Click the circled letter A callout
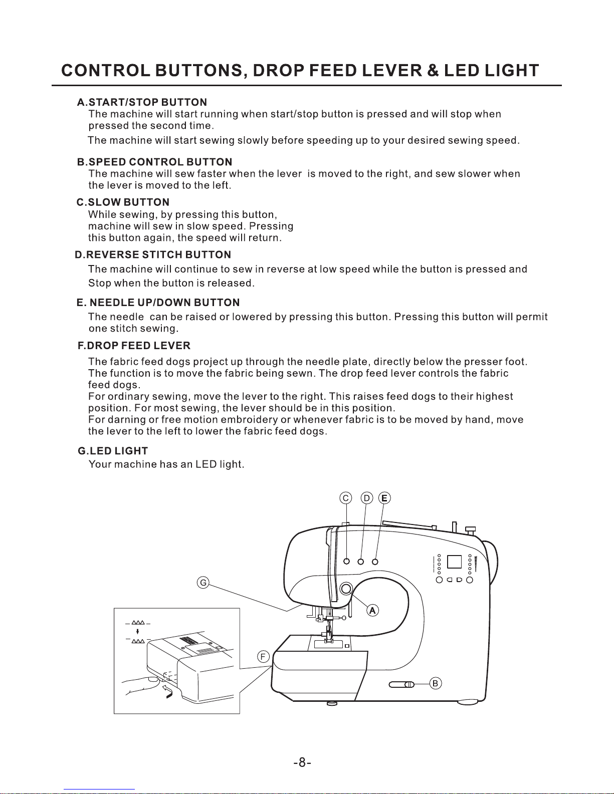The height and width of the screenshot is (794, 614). click(372, 610)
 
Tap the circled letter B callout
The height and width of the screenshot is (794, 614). click(436, 683)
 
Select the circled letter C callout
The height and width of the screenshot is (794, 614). click(346, 498)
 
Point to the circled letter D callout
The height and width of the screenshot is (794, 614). click(367, 498)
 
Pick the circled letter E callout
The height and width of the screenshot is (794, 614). click(384, 498)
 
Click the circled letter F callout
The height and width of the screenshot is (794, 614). click(264, 657)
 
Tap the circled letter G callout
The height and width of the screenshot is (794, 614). click(203, 583)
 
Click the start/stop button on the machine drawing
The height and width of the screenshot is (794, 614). click(346, 589)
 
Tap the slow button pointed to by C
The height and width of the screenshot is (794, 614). click(346, 561)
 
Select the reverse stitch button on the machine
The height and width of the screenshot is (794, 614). click(360, 561)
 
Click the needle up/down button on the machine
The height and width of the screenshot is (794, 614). click(375, 561)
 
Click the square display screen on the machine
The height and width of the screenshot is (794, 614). click(454, 562)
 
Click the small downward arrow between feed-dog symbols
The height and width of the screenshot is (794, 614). click(137, 632)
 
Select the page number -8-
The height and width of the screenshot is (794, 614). click(303, 763)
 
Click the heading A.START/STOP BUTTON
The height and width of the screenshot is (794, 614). click(142, 103)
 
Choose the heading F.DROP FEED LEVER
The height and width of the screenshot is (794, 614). click(134, 346)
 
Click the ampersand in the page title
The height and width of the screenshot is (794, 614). click(432, 71)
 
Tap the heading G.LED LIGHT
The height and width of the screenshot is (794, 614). click(113, 451)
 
